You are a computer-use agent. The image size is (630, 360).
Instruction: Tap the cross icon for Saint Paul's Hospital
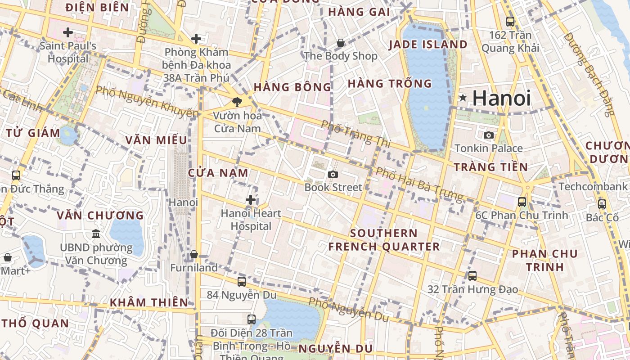click(68, 32)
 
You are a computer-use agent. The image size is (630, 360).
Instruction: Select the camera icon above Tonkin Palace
click(488, 135)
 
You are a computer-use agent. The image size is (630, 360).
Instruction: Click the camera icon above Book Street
click(333, 174)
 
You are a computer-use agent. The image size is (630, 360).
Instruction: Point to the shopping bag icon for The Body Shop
click(341, 43)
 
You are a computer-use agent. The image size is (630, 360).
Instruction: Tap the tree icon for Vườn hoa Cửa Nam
click(237, 102)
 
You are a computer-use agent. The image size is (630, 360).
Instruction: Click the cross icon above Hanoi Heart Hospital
click(251, 200)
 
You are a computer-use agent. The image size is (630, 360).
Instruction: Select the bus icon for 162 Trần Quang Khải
click(510, 21)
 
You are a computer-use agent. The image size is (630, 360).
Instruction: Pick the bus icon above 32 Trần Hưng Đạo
click(472, 275)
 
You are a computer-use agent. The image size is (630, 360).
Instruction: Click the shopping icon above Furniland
click(194, 254)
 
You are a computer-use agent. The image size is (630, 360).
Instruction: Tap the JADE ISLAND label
click(428, 44)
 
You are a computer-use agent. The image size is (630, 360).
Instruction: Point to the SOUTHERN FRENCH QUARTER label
click(384, 240)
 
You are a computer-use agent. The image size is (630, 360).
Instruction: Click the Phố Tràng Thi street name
click(356, 134)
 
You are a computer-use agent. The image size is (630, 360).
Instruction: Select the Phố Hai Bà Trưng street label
click(419, 184)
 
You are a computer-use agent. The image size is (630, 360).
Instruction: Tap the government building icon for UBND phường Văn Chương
click(96, 234)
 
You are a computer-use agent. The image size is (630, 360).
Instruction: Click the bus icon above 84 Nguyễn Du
click(242, 282)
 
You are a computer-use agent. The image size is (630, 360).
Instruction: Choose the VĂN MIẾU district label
click(156, 140)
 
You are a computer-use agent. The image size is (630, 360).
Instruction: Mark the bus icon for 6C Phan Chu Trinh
click(522, 202)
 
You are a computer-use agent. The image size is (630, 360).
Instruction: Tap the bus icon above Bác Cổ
click(602, 204)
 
